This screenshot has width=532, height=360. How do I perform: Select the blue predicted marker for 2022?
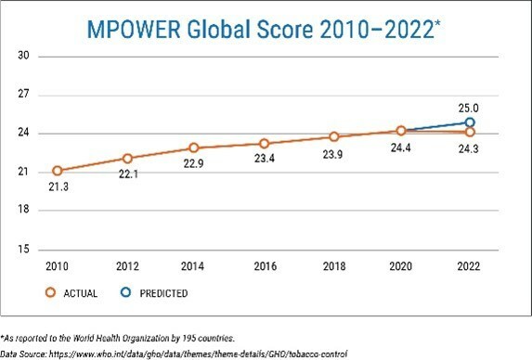[470, 122]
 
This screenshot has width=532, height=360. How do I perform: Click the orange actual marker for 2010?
[58, 171]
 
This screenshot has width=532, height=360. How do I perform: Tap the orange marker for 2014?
[194, 148]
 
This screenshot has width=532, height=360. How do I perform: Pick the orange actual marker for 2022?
[470, 132]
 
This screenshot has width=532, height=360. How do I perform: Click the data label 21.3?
[58, 186]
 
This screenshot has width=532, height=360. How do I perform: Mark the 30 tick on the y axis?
[25, 56]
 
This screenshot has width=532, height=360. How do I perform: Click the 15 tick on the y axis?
[25, 250]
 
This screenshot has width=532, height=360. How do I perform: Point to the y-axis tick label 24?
[25, 134]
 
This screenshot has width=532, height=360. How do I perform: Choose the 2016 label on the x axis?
[264, 265]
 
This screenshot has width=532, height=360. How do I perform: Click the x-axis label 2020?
[400, 265]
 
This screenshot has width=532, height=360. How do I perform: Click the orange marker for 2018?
[332, 136]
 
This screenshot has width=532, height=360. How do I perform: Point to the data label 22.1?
[127, 174]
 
